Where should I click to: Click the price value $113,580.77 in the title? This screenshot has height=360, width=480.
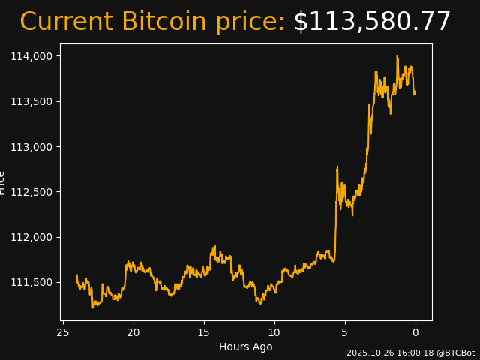[372, 22]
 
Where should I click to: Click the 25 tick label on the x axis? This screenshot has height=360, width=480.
[63, 332]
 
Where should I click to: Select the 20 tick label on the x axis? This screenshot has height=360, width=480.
[133, 332]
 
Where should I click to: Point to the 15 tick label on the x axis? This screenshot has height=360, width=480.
[203, 332]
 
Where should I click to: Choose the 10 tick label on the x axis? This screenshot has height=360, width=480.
[274, 332]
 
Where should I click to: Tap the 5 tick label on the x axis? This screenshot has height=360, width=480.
[345, 332]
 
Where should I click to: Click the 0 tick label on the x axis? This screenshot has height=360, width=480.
[415, 332]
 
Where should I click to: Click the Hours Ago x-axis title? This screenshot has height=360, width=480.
[246, 346]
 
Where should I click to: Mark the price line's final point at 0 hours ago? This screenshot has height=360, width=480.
[415, 94]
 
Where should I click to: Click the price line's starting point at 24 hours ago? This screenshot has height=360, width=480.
[76, 275]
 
